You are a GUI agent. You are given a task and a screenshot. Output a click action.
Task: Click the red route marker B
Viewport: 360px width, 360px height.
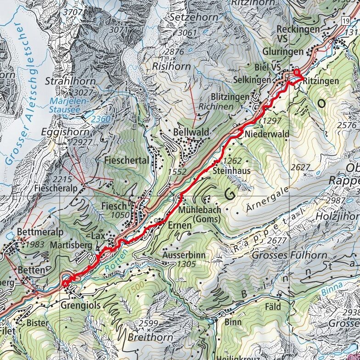tap(297, 73)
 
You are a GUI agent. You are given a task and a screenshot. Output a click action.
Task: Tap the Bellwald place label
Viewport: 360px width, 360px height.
tap(191, 132)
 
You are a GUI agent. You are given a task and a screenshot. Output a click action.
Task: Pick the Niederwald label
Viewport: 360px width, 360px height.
tap(267, 134)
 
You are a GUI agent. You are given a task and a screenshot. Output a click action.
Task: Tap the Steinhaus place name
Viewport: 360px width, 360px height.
tap(232, 170)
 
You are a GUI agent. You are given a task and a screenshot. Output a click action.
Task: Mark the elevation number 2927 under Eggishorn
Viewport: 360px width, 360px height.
tap(83, 143)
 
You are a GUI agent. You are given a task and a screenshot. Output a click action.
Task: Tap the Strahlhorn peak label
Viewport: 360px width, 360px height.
tap(70, 81)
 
